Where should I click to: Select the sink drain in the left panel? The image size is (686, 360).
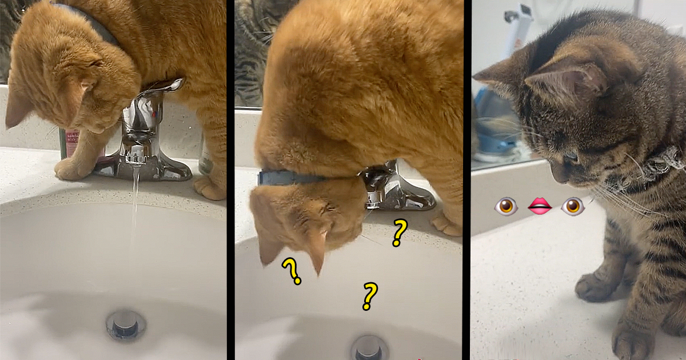125,324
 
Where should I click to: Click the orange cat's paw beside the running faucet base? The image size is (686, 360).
71,168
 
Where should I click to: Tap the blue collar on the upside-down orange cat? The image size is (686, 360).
286,178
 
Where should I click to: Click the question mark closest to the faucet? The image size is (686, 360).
399,232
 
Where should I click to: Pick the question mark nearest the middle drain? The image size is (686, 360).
369,295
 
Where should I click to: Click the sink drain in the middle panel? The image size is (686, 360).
369,347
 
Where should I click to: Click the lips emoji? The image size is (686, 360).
540,206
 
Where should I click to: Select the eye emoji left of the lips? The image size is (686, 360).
506,206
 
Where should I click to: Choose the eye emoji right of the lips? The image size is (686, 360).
573,206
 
